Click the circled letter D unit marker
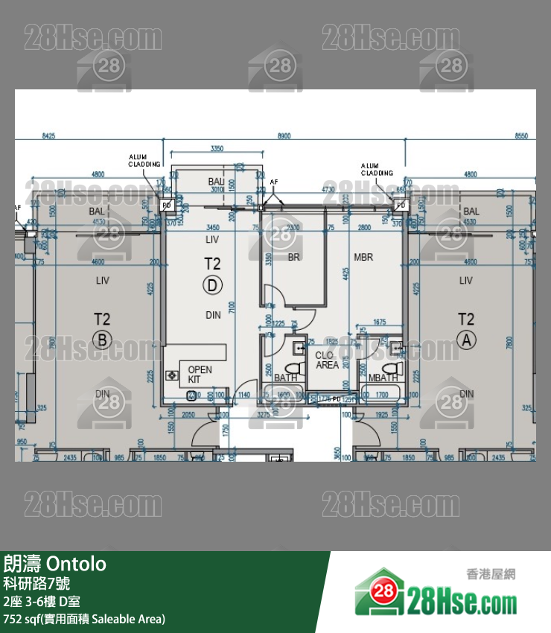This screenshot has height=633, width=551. pyautogui.click(x=213, y=284)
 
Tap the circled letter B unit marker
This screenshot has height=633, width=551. pyautogui.click(x=102, y=340)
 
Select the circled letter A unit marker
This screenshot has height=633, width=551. pyautogui.click(x=466, y=340)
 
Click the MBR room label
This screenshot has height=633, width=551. pyautogui.click(x=363, y=258)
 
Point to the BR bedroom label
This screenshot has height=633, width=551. pyautogui.click(x=293, y=258)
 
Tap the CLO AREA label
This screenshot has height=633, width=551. pyautogui.click(x=327, y=360)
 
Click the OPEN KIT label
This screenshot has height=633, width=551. pyautogui.click(x=200, y=375)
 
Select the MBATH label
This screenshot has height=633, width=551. pyautogui.click(x=383, y=378)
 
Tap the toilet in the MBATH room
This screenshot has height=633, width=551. pyautogui.click(x=388, y=367)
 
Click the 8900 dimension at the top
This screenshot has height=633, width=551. pyautogui.click(x=284, y=136)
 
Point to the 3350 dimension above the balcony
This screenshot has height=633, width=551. pyautogui.click(x=217, y=149)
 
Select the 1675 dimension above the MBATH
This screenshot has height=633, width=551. pyautogui.click(x=379, y=322)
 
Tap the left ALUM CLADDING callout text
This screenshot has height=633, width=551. pyautogui.click(x=144, y=161)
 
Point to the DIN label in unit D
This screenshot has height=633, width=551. pyautogui.click(x=213, y=315)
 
